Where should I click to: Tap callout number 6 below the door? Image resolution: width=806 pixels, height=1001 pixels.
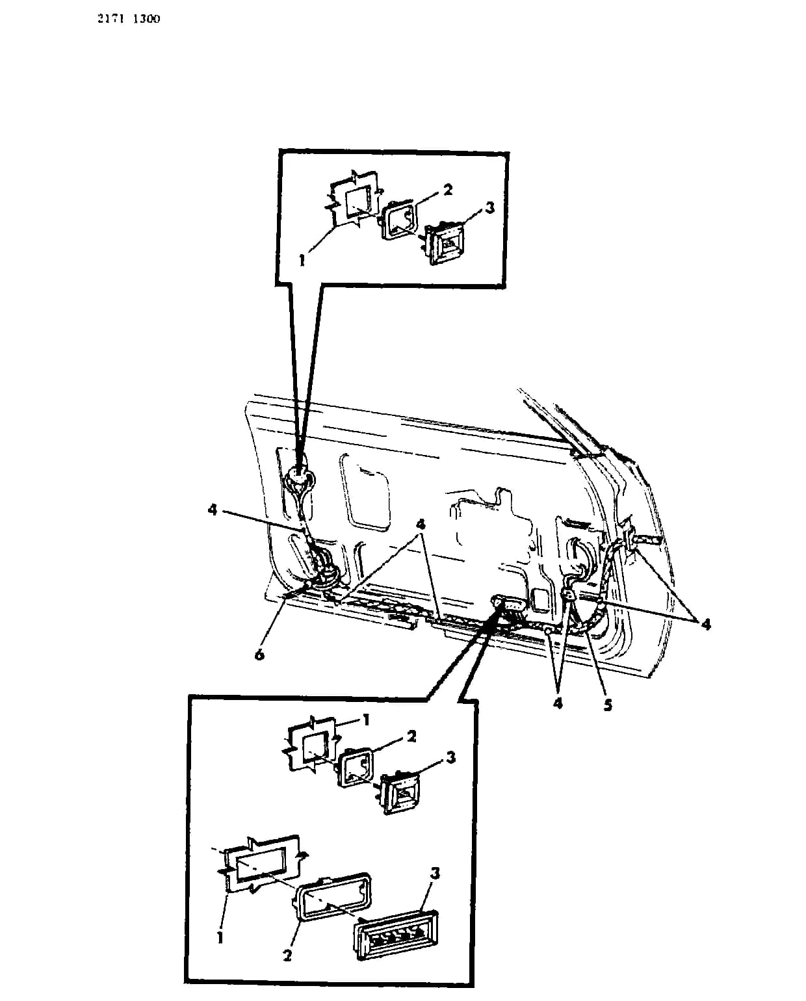pyautogui.click(x=259, y=655)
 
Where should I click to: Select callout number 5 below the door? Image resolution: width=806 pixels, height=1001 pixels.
pyautogui.click(x=607, y=705)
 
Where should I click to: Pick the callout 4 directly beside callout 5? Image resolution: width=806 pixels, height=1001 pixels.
pyautogui.click(x=558, y=703)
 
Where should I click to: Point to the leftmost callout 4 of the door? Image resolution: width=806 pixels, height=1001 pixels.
pyautogui.click(x=213, y=510)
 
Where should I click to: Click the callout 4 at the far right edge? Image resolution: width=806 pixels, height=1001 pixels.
pyautogui.click(x=705, y=624)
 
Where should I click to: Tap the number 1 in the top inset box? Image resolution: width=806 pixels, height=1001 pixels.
pyautogui.click(x=302, y=261)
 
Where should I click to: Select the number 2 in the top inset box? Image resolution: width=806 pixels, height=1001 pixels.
pyautogui.click(x=447, y=189)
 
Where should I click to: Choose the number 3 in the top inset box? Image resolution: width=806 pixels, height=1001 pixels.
pyautogui.click(x=489, y=207)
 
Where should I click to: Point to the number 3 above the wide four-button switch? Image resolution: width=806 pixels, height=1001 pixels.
pyautogui.click(x=435, y=873)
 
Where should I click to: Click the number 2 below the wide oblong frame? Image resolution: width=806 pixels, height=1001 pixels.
pyautogui.click(x=287, y=955)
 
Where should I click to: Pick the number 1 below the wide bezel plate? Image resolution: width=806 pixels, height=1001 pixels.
pyautogui.click(x=220, y=938)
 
